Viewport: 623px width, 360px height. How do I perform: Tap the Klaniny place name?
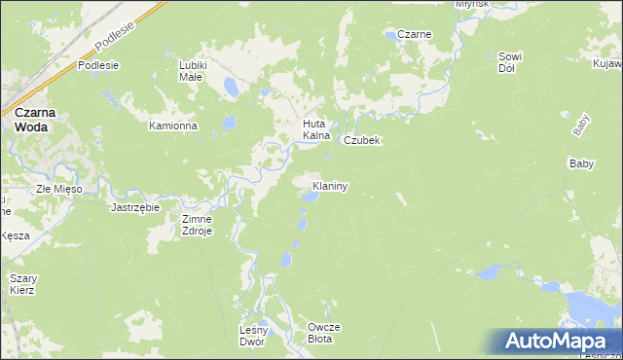(330, 184)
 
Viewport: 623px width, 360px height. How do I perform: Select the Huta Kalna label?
(317, 129)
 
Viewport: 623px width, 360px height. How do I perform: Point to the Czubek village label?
(360, 140)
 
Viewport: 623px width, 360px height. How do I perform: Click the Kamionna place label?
(172, 126)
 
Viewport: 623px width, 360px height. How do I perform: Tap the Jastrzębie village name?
(135, 207)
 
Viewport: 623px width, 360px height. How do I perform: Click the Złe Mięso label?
(58, 188)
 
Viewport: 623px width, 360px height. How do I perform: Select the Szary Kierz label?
(22, 284)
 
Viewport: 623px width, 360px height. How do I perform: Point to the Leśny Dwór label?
(252, 336)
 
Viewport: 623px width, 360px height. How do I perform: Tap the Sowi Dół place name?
(511, 62)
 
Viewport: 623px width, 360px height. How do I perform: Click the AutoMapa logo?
(556, 342)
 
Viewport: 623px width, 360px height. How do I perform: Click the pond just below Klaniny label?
(309, 198)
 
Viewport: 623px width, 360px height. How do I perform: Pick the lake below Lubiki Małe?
(231, 88)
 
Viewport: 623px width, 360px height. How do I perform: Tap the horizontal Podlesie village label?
(98, 65)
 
